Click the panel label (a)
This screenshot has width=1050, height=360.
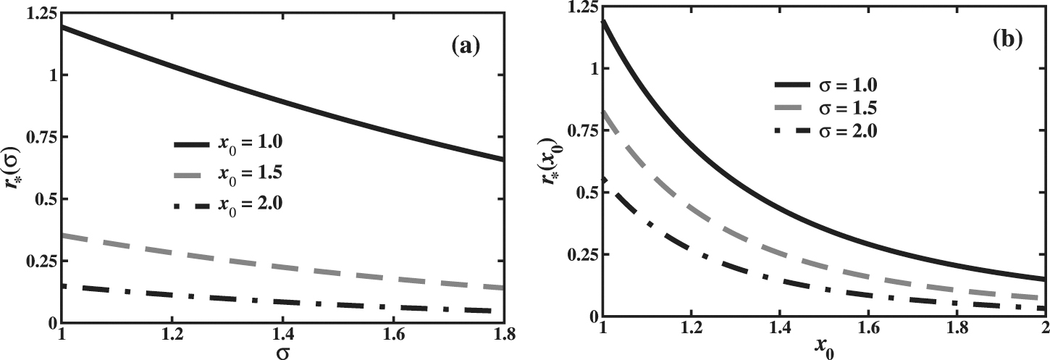tap(465, 47)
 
